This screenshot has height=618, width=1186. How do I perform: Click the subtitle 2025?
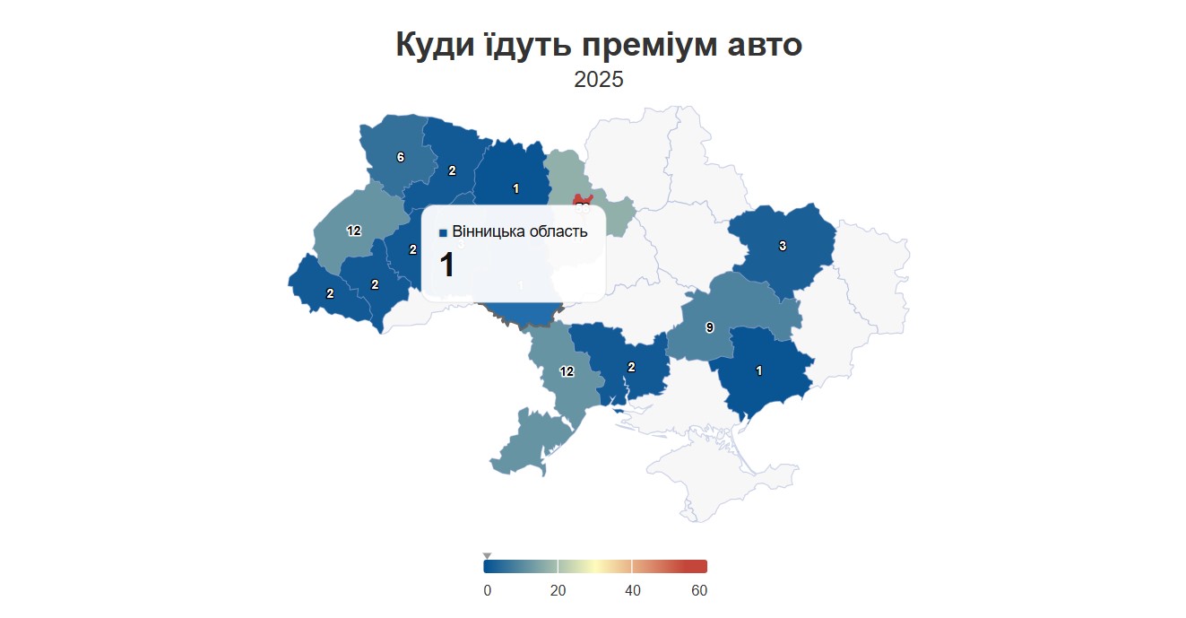[599, 80]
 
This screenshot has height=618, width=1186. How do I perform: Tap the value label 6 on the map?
[400, 158]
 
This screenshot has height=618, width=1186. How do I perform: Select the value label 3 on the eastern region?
[782, 246]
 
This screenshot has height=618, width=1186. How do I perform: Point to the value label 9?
[709, 328]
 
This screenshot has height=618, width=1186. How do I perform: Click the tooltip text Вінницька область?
[520, 231]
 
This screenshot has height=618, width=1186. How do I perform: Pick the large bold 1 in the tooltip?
[446, 266]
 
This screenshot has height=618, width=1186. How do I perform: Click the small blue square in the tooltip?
[443, 233]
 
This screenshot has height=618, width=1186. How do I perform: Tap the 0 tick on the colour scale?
[487, 590]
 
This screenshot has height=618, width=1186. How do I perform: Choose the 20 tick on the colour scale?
[558, 590]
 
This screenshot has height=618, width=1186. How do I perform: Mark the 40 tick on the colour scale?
[632, 590]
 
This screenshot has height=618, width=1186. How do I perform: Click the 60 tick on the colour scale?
[699, 590]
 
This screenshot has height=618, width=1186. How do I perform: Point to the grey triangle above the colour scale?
[487, 556]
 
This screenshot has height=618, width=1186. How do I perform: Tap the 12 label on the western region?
[353, 231]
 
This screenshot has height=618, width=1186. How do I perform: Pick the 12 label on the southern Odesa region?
[567, 371]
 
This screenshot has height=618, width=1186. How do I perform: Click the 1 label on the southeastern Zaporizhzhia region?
[759, 370]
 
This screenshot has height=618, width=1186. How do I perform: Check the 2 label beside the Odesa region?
[631, 367]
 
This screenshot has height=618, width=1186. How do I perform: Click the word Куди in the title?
[436, 45]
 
